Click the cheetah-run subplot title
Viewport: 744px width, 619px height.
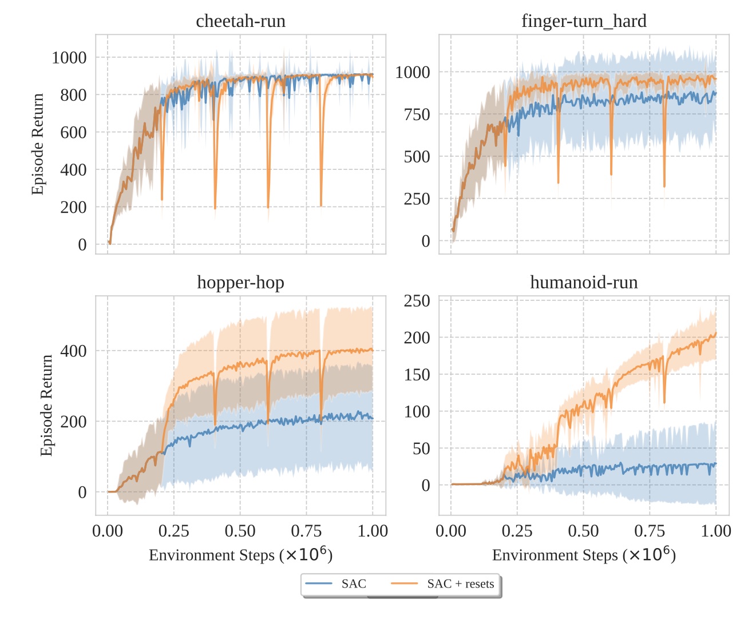coord(240,21)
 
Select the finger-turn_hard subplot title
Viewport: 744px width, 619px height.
coord(584,21)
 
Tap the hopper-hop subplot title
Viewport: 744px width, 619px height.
coord(240,283)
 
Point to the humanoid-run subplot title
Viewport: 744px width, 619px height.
coord(584,283)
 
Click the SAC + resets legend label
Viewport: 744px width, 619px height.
coord(460,584)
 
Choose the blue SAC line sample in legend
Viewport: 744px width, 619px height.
coord(319,584)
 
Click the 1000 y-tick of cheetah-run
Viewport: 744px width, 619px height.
coord(69,58)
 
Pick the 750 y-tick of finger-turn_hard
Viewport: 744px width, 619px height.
coord(417,114)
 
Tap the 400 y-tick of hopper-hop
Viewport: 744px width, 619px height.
coord(74,351)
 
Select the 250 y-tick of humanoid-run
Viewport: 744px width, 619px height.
coord(417,301)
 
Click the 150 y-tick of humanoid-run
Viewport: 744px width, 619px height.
coord(417,375)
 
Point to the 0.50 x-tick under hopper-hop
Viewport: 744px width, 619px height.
coord(240,531)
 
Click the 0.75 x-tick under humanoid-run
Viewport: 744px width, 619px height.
coord(650,531)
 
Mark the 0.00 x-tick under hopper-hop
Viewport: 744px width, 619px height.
coord(108,531)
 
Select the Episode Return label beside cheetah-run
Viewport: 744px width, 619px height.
coord(38,144)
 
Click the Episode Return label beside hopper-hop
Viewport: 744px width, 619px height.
coord(46,405)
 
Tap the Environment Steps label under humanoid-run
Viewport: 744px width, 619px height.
coord(584,555)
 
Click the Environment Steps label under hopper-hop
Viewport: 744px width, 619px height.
coord(240,555)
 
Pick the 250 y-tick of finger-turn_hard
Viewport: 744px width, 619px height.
coord(417,199)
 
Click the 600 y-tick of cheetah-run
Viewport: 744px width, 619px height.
coord(74,132)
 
